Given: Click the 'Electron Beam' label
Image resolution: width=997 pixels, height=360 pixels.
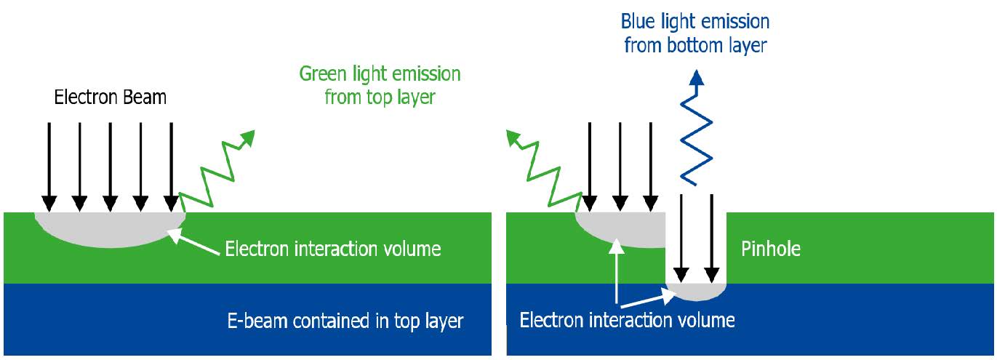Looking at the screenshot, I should (111, 97).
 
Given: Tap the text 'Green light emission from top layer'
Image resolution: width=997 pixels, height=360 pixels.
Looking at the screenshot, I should (380, 85).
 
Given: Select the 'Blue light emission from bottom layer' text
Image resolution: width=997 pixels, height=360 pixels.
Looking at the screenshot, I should (695, 33).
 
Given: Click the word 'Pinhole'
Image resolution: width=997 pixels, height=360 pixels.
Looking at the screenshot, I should (770, 249).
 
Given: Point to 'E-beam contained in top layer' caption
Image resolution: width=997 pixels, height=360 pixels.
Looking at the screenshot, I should (344, 321).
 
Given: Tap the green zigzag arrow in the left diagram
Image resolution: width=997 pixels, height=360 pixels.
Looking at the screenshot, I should (215, 170).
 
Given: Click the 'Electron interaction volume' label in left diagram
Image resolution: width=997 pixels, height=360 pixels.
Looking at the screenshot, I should (333, 249).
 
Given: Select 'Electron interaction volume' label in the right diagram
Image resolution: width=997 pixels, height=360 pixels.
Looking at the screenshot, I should (627, 320).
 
